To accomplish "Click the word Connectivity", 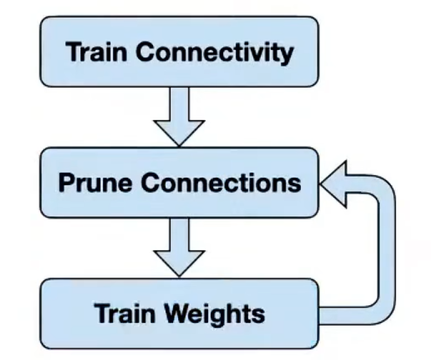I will tap(215, 52).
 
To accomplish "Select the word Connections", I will tap(221, 183).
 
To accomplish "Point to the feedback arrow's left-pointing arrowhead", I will tap(332, 183).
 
